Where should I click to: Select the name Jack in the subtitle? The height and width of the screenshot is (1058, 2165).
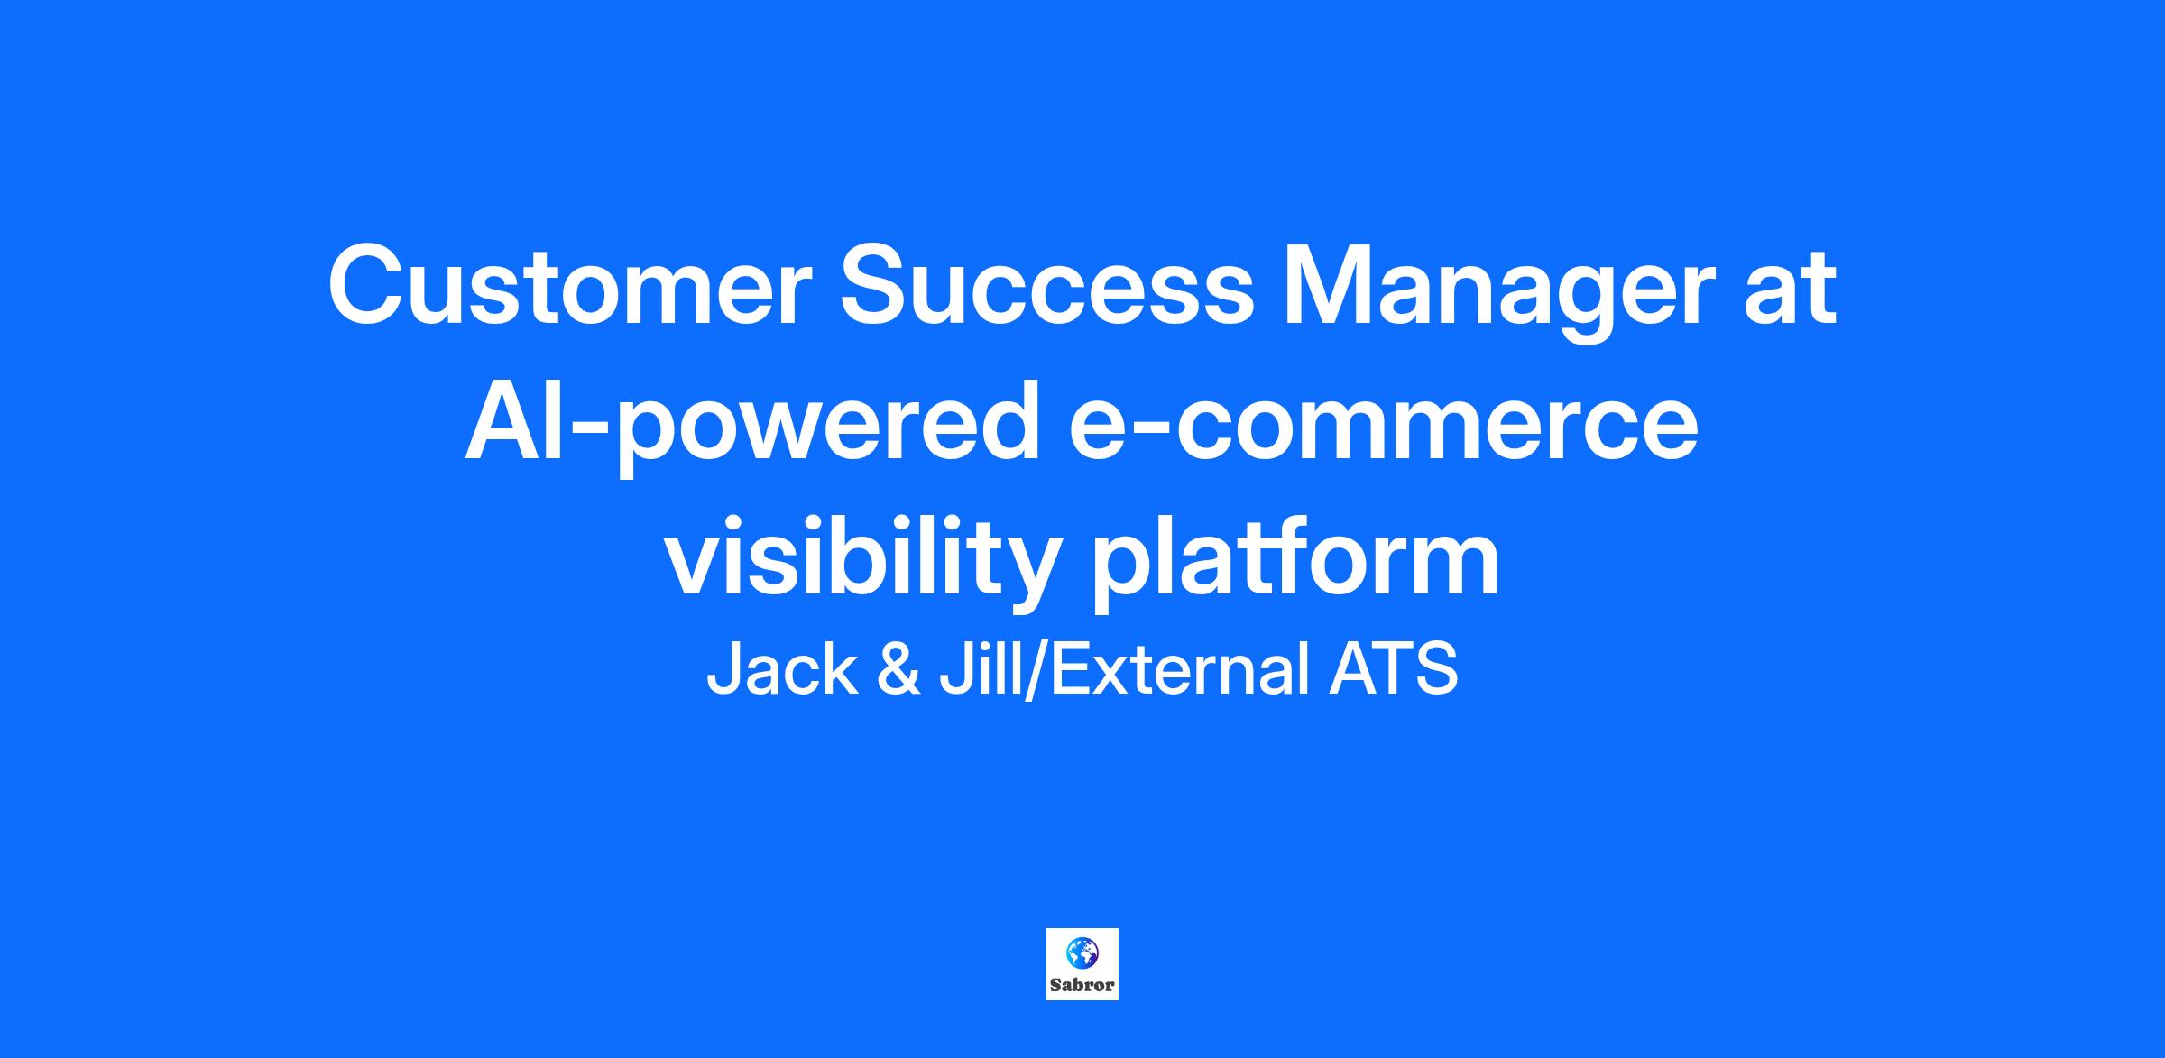pos(781,669)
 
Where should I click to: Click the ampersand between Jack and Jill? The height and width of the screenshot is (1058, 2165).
pos(898,669)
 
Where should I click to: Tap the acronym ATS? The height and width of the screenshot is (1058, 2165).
pos(1394,669)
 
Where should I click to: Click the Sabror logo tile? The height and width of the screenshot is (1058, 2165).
pos(1082,963)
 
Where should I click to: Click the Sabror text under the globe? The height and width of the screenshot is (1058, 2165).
pos(1082,985)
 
